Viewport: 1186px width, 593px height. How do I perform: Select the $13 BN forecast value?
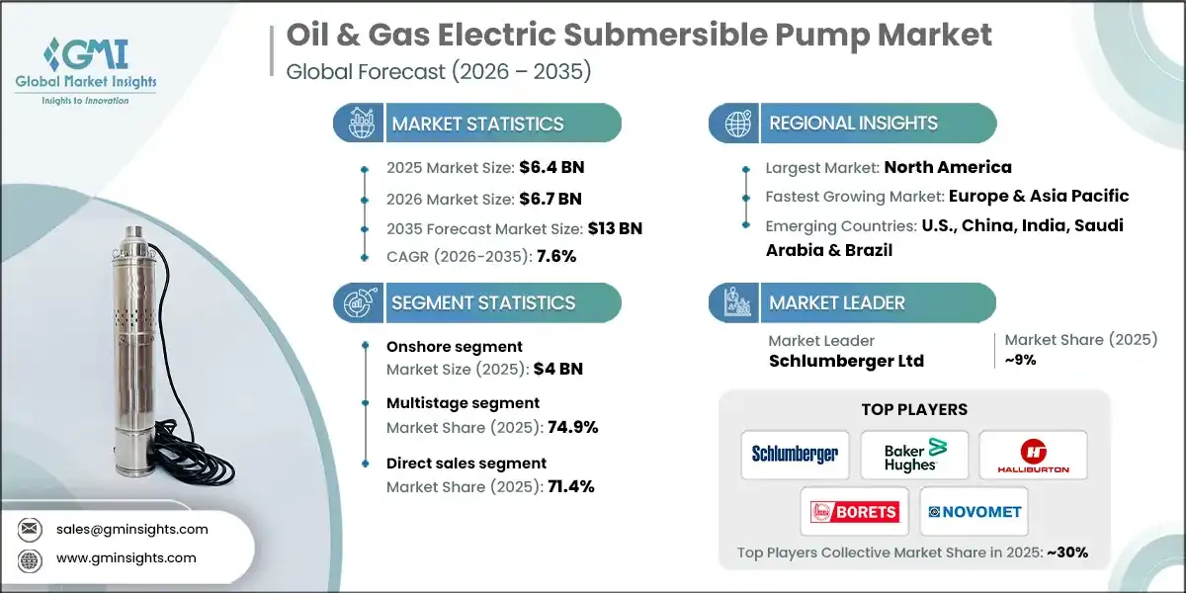coord(615,228)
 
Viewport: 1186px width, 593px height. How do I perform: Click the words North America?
coord(947,167)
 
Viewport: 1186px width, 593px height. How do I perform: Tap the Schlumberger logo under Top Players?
coord(795,454)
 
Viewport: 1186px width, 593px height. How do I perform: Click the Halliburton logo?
coord(1032,454)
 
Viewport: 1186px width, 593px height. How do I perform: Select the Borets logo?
coord(854,511)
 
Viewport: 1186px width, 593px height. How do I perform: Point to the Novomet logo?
coord(974,511)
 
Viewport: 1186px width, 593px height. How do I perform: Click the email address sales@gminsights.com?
coord(132,529)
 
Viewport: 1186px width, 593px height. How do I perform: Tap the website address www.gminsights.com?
coord(127,557)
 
